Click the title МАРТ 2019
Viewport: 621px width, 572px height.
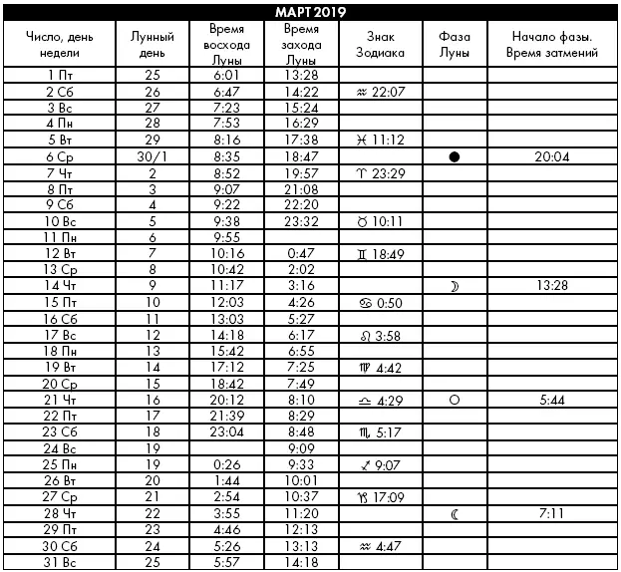click(310, 11)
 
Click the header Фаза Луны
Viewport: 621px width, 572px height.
click(455, 44)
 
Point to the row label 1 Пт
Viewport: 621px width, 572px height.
click(63, 75)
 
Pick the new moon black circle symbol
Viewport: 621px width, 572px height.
click(455, 157)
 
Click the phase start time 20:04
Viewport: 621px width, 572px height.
click(551, 157)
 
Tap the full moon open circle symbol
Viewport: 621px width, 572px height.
click(455, 400)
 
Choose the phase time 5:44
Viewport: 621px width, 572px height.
click(551, 400)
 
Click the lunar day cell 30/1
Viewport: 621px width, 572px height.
click(152, 157)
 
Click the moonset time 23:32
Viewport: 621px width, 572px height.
click(300, 222)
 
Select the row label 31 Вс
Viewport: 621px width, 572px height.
click(63, 562)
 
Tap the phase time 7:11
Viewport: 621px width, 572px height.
click(551, 514)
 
